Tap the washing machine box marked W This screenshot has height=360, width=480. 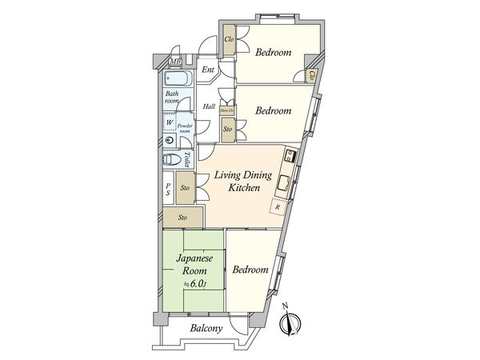click(x=170, y=122)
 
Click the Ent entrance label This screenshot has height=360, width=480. click(x=208, y=70)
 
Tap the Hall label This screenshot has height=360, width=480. click(x=209, y=106)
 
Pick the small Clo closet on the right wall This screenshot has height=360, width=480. click(x=311, y=76)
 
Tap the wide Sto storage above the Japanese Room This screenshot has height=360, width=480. click(x=182, y=217)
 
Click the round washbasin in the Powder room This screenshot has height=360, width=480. click(x=170, y=139)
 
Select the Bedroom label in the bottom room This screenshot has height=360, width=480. click(x=250, y=270)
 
